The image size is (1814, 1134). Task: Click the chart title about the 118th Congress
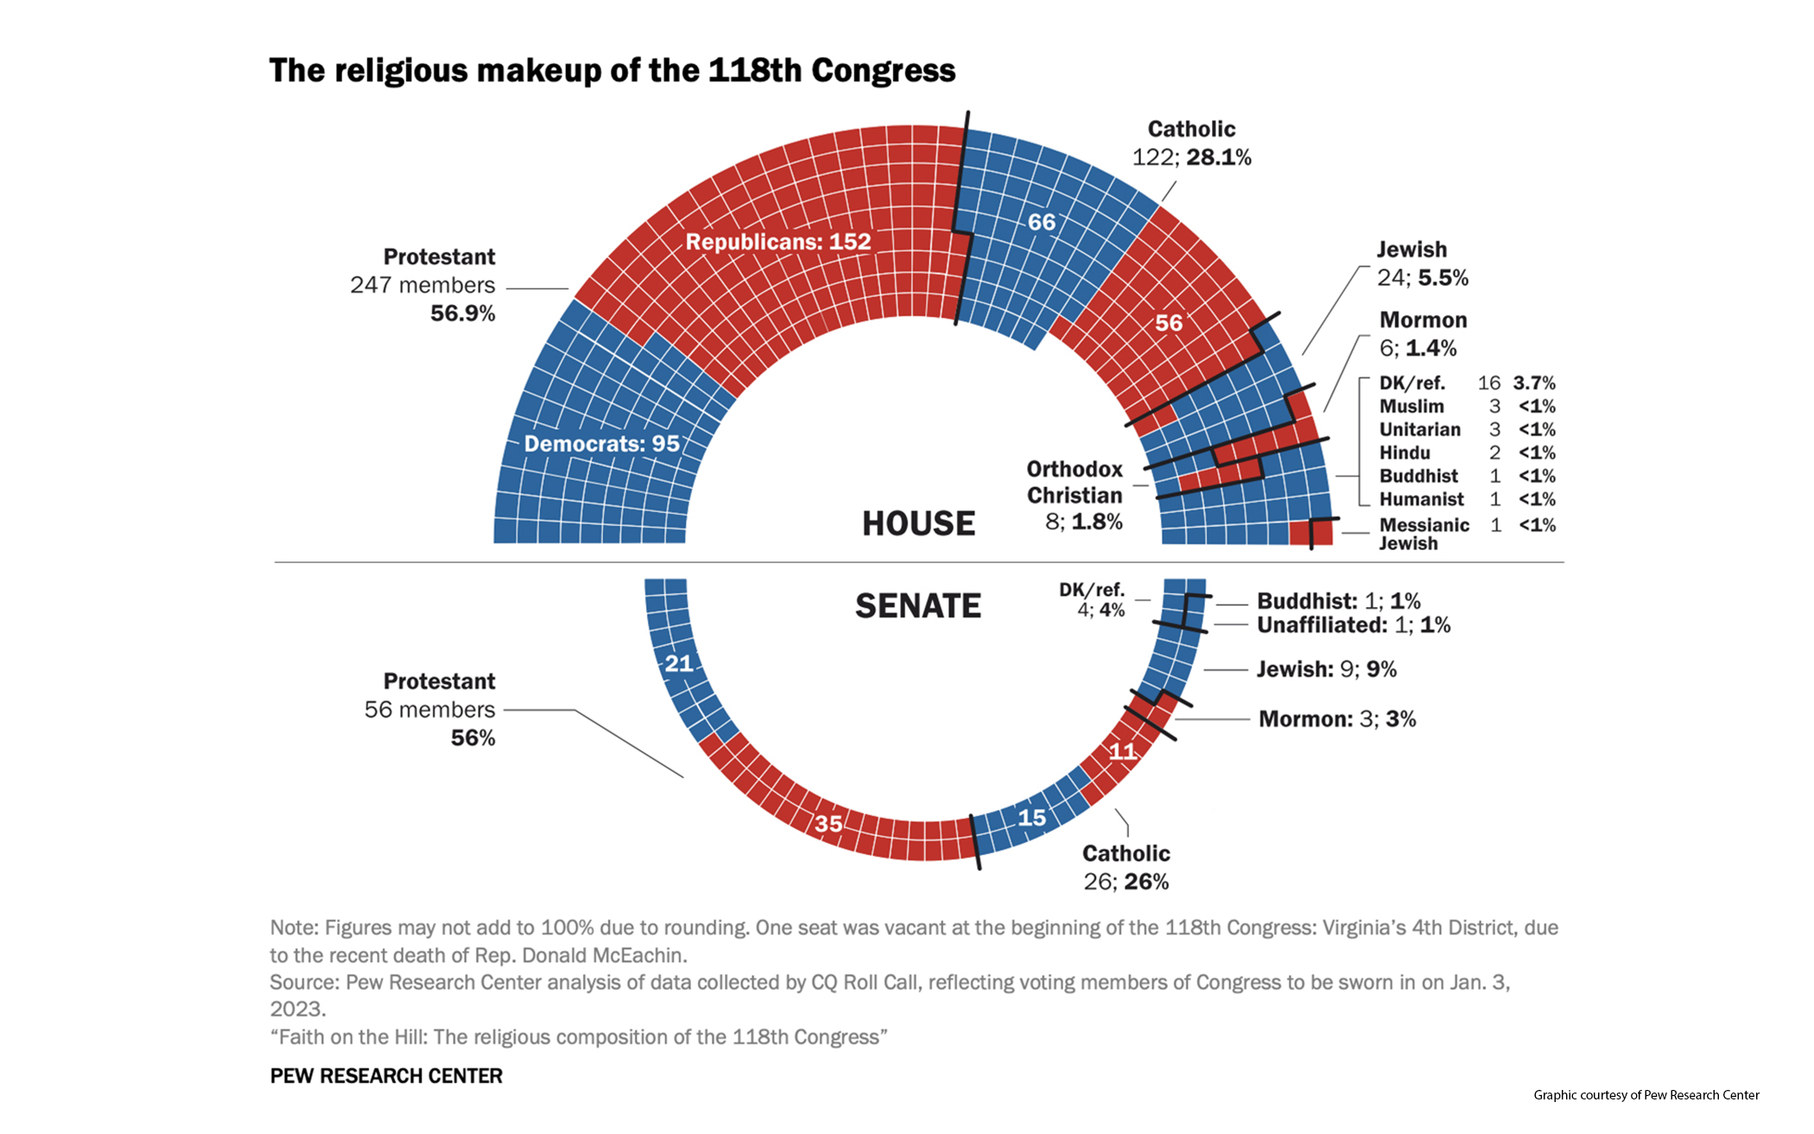tap(612, 71)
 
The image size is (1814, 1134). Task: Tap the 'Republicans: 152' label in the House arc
tap(777, 242)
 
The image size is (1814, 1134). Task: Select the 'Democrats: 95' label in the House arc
tap(601, 444)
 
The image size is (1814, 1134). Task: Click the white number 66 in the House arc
tap(1041, 222)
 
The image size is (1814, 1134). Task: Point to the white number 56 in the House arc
tap(1168, 323)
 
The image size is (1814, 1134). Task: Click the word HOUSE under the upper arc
tap(918, 523)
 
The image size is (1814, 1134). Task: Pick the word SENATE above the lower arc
tap(917, 606)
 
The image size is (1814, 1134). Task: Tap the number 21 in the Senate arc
tap(678, 663)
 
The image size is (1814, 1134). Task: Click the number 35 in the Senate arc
tap(828, 823)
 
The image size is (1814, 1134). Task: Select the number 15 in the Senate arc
tap(1031, 817)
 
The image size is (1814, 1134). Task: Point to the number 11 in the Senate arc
tap(1122, 751)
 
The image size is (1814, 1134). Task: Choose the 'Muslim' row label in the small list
tap(1411, 406)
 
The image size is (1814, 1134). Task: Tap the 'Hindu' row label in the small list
tap(1405, 453)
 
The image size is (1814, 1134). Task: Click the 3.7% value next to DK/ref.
tap(1533, 383)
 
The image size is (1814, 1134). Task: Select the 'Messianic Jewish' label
tap(1423, 534)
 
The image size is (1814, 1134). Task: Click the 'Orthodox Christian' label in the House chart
tap(1074, 482)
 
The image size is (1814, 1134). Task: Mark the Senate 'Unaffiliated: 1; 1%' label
tap(1353, 624)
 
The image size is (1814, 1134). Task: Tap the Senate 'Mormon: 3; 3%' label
tap(1336, 719)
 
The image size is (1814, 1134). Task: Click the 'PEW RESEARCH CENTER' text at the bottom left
tap(386, 1076)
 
